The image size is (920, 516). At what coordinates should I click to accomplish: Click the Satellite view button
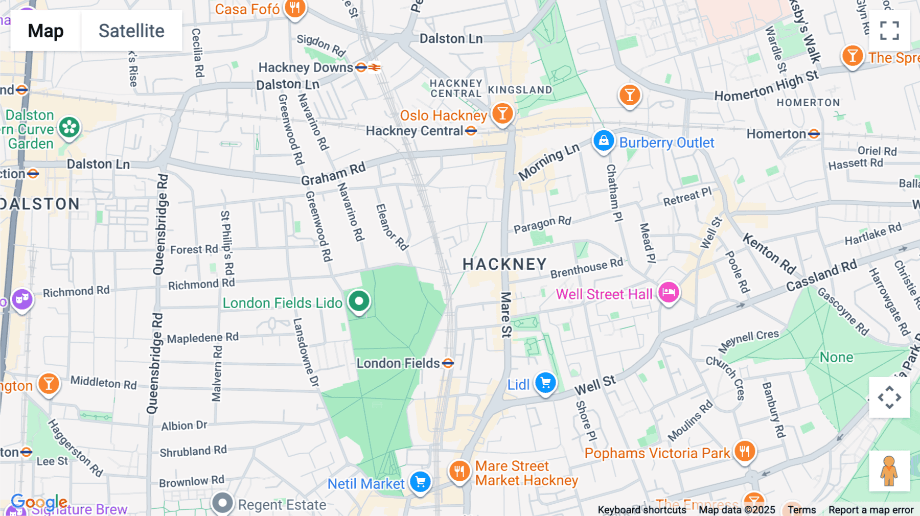(131, 31)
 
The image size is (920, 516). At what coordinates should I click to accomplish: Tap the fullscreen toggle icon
(889, 31)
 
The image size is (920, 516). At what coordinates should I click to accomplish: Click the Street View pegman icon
(889, 471)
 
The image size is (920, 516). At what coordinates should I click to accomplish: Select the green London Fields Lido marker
(359, 301)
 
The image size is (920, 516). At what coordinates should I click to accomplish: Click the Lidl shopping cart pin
(545, 383)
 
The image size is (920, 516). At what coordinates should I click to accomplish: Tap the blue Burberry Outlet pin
(603, 140)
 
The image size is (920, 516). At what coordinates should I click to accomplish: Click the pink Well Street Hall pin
(668, 293)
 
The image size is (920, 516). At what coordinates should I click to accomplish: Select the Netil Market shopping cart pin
(420, 482)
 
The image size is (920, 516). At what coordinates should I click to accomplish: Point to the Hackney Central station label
(415, 131)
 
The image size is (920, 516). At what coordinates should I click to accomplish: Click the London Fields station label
(398, 363)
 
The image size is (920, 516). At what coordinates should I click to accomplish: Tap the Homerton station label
(776, 134)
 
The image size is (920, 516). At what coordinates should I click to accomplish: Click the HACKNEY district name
(504, 264)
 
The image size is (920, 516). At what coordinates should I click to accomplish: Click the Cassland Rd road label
(821, 275)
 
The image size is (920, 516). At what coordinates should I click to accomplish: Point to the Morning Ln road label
(549, 161)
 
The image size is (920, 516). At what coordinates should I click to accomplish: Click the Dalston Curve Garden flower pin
(69, 128)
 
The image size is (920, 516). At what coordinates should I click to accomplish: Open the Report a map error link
(870, 509)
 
